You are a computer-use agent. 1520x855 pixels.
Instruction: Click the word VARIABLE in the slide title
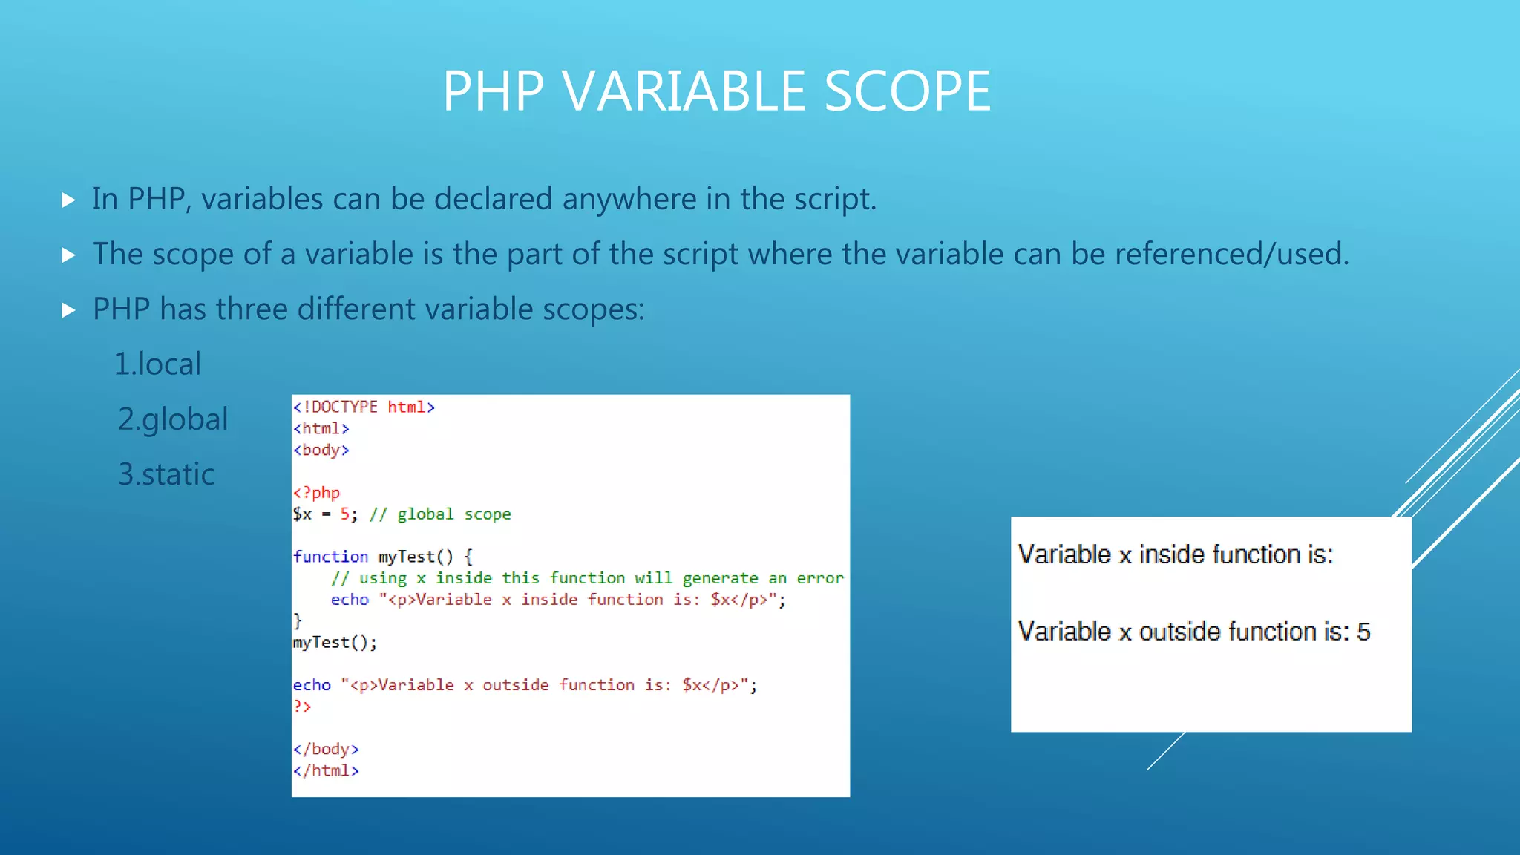(x=684, y=91)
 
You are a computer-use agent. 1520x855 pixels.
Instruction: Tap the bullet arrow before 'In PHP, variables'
(x=68, y=200)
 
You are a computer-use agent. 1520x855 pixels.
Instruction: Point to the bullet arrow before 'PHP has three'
(x=68, y=310)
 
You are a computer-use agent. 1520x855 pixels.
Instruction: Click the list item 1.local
(x=157, y=364)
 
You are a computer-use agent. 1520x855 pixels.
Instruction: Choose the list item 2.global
(x=172, y=419)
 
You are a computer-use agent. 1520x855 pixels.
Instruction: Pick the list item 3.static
(x=166, y=474)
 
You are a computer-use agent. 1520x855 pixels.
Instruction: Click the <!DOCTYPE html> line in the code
(x=363, y=407)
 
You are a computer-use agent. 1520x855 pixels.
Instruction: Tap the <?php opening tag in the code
(x=316, y=492)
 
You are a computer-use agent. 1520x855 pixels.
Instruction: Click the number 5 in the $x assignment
(x=345, y=514)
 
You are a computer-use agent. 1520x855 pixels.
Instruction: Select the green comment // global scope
(x=440, y=514)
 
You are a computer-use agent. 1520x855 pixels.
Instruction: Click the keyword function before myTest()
(x=330, y=557)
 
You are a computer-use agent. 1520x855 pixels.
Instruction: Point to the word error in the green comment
(x=820, y=578)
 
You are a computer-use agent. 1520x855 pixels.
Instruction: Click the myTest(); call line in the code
(x=335, y=642)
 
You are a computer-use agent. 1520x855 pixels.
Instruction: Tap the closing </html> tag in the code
(x=326, y=770)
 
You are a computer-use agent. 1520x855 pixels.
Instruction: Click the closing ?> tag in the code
(x=302, y=706)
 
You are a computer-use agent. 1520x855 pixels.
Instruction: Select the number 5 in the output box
(x=1363, y=632)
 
